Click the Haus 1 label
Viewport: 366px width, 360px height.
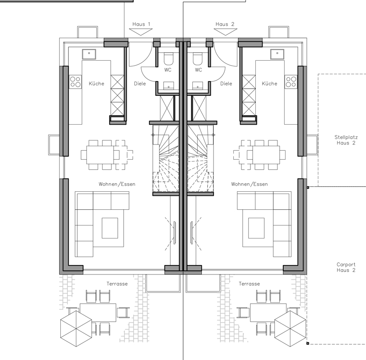point(141,24)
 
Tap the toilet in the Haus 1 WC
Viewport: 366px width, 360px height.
point(169,58)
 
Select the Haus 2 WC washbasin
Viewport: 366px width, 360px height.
point(197,86)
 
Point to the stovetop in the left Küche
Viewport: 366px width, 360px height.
point(76,82)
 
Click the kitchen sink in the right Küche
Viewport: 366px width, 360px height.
point(277,54)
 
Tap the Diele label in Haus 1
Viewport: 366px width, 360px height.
point(140,84)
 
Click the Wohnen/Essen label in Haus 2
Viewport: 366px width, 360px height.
point(249,184)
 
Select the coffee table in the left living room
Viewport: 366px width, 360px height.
point(110,228)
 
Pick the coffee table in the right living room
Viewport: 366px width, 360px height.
point(256,228)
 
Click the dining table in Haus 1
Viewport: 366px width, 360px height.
point(100,155)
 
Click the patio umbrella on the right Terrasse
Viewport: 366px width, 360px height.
point(290,328)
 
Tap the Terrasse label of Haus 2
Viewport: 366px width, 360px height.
point(249,284)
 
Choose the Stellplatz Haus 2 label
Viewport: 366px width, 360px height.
point(346,140)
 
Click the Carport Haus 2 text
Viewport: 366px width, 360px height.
point(346,267)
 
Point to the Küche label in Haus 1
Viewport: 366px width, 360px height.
point(96,83)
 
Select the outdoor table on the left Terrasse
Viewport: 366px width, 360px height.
point(98,313)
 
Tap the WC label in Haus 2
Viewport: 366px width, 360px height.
point(198,70)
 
